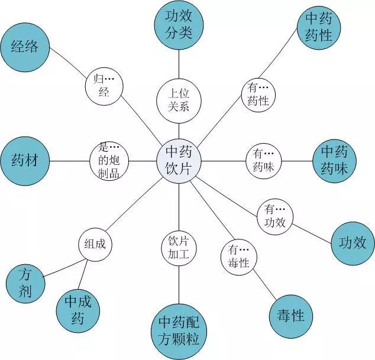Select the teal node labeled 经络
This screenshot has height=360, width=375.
[x=25, y=47]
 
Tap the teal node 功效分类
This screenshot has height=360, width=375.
[x=178, y=24]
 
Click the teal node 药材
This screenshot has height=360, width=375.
[x=25, y=160]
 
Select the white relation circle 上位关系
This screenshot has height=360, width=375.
[x=179, y=99]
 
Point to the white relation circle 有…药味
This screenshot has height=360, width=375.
[x=264, y=160]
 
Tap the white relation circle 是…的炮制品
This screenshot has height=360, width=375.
[x=109, y=160]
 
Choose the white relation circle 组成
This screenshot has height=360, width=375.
[x=95, y=244]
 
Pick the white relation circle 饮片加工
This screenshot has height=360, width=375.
[x=179, y=248]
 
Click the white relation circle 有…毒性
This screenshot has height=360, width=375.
[x=238, y=255]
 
